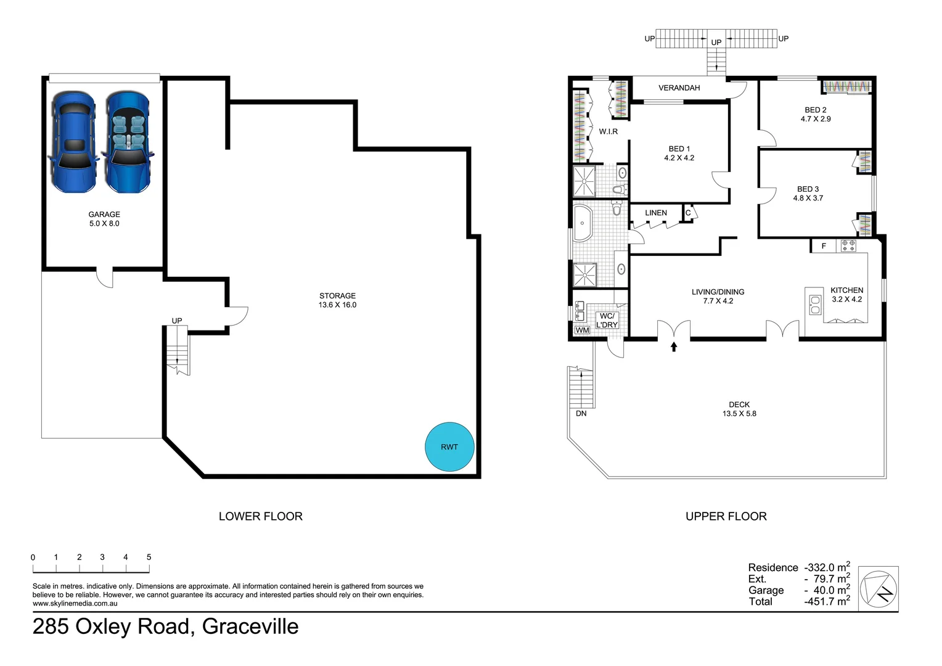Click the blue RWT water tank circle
pyautogui.click(x=449, y=447)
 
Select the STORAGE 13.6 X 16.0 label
pyautogui.click(x=337, y=300)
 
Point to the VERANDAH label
pyautogui.click(x=679, y=88)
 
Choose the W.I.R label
pyautogui.click(x=608, y=132)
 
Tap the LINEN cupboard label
pyautogui.click(x=656, y=213)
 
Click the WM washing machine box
pyautogui.click(x=582, y=331)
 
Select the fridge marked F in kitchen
pyautogui.click(x=824, y=246)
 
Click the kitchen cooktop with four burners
pyautogui.click(x=848, y=245)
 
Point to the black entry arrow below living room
pyautogui.click(x=674, y=346)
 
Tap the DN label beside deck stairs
pyautogui.click(x=581, y=414)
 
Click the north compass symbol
pyautogui.click(x=879, y=588)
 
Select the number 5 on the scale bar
pyautogui.click(x=149, y=557)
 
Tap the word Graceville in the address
pyautogui.click(x=250, y=627)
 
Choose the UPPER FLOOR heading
pyautogui.click(x=726, y=516)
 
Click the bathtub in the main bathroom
pyautogui.click(x=583, y=223)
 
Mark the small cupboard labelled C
pyautogui.click(x=688, y=213)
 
